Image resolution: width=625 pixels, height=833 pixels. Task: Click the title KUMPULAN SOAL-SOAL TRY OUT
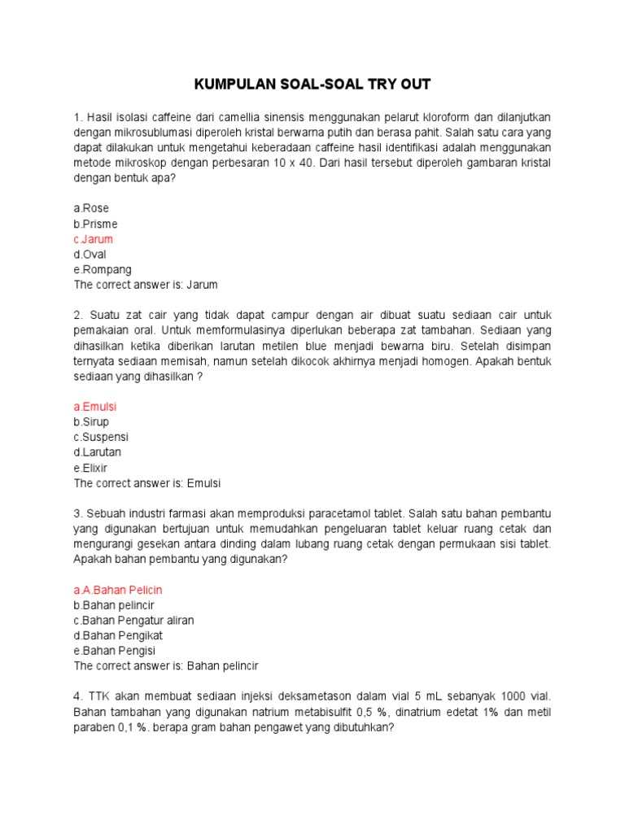[312, 85]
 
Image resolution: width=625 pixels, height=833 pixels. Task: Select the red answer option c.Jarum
[94, 239]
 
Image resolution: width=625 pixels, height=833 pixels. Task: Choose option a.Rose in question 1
[91, 208]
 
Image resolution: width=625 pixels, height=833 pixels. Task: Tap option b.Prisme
[95, 224]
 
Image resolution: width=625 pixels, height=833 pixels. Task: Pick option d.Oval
[90, 255]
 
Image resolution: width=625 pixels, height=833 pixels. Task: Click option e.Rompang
[103, 270]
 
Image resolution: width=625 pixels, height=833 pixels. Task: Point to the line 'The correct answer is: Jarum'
[146, 286]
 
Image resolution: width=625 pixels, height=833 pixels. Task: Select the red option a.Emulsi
[96, 406]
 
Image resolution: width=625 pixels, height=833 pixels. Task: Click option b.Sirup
[91, 421]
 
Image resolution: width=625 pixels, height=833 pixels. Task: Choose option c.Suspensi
[101, 437]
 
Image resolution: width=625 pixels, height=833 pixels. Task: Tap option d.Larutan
[98, 452]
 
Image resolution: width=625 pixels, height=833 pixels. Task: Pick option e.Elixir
[91, 468]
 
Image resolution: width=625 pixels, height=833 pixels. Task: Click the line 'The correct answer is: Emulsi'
[147, 483]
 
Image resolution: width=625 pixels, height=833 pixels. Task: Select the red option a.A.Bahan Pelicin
[124, 589]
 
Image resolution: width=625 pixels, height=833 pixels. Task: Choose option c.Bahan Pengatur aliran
[134, 620]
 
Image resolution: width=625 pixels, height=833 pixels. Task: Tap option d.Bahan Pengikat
[120, 635]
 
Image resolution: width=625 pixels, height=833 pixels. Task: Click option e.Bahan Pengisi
[115, 651]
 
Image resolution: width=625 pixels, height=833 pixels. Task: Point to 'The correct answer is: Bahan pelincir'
[166, 666]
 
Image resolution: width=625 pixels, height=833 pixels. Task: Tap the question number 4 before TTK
[77, 697]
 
